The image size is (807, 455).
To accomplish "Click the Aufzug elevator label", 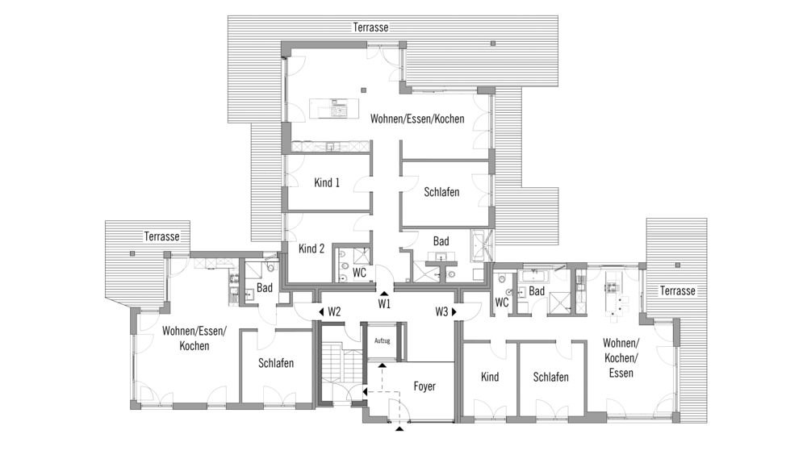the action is click(382, 340).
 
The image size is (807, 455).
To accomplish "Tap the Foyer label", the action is click(424, 386).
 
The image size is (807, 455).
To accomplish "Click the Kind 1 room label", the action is click(327, 182).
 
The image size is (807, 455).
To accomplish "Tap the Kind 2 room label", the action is click(312, 248).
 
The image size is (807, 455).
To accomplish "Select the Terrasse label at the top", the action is click(370, 27).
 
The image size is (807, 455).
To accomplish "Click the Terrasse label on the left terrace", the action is click(161, 236).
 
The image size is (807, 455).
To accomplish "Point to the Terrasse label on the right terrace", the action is click(678, 290).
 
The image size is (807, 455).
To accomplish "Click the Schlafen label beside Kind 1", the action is click(441, 192).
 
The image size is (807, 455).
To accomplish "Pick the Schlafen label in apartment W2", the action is click(276, 363).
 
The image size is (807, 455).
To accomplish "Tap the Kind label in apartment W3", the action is click(490, 377).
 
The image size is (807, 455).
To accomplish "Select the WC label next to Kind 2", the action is click(359, 273).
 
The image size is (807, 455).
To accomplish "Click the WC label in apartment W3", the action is click(502, 303).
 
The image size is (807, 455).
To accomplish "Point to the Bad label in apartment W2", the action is click(265, 288).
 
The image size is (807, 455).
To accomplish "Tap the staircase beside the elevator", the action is click(337, 366).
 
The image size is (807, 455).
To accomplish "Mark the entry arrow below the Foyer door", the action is click(399, 428).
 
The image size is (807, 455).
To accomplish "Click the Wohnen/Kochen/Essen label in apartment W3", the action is click(621, 357).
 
